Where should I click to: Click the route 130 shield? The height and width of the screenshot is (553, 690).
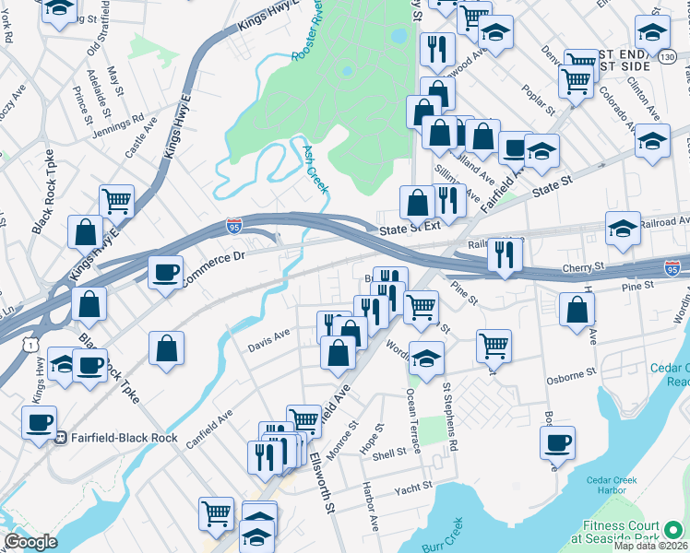coord(667,58)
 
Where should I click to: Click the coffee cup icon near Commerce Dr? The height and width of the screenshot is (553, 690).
coord(165,273)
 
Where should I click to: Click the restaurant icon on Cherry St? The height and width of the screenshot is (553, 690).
coord(503,254)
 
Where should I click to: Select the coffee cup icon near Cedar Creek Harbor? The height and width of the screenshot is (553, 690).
coord(557,441)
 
